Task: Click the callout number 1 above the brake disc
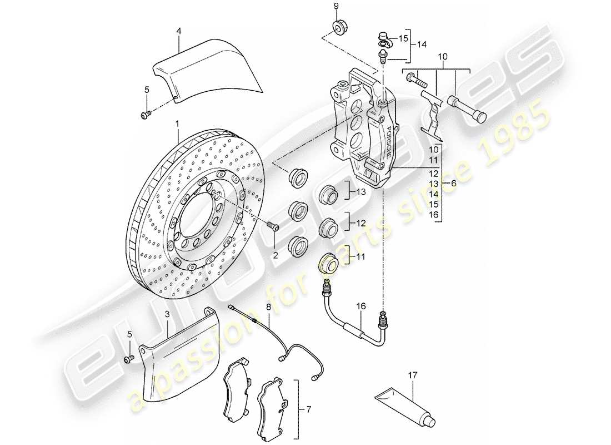click(177, 123)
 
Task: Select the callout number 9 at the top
click(335, 6)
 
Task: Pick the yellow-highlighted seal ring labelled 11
click(328, 264)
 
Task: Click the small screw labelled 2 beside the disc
click(272, 226)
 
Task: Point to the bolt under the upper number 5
click(146, 115)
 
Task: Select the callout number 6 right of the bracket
click(454, 183)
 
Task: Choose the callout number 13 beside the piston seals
click(362, 192)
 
